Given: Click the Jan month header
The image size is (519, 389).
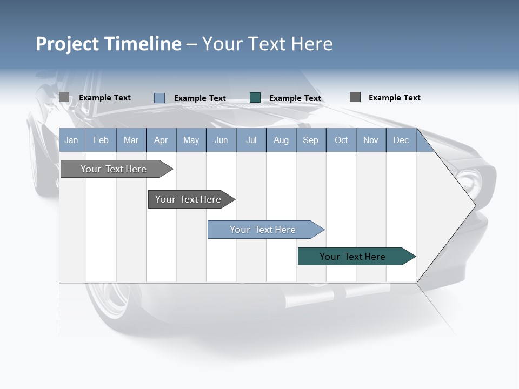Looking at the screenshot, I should pos(71,140).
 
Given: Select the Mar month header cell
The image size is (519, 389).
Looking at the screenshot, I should pos(131,140).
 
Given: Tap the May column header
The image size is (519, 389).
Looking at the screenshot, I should pos(191,140).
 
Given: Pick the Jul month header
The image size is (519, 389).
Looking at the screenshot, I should pos(251,140).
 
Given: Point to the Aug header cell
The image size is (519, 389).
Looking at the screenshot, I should pos(281,140).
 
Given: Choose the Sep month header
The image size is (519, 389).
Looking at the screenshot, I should pos(310,140).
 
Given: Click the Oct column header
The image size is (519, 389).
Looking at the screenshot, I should pos(341,140).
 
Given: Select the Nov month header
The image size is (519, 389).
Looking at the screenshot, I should pos(371,140).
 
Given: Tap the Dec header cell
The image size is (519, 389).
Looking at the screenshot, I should pos(401,140).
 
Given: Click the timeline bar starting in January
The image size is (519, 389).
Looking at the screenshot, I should pos(114,169).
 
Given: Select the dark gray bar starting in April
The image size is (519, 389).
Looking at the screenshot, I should pos(188,199).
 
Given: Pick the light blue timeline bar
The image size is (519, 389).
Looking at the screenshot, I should pos(263,230).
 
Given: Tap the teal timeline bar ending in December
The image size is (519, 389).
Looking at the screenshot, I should pos(352,257).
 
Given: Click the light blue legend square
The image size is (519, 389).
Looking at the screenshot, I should pos(159,98).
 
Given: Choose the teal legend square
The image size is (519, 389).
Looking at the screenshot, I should pos(255,98).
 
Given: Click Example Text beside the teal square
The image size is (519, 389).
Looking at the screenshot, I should pos(295,98).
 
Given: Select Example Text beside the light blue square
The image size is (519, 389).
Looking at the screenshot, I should pos(200,98).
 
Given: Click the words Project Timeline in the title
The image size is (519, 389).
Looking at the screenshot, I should pos(109,44).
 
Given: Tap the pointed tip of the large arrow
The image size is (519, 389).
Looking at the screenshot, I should pos(474,205).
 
